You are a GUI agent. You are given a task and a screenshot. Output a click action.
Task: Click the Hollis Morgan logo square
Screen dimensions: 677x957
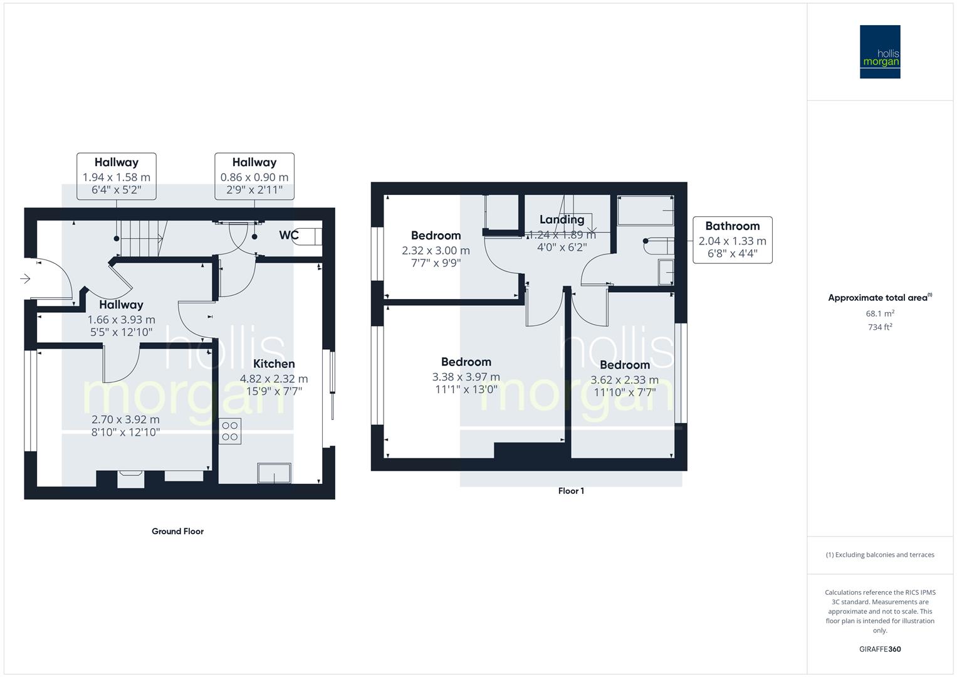[x=879, y=51]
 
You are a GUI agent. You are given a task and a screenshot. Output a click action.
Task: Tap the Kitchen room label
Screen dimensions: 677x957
[x=273, y=364]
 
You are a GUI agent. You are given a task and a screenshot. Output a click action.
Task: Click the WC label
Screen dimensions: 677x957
[x=288, y=235]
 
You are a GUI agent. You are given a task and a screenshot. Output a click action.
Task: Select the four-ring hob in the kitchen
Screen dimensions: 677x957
[x=230, y=431]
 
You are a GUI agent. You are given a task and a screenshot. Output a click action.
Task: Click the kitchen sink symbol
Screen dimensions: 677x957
[x=274, y=473]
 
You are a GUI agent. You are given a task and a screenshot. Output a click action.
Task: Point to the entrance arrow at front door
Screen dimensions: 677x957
[x=26, y=278]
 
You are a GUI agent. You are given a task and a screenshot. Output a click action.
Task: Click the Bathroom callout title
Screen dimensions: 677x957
[x=732, y=226]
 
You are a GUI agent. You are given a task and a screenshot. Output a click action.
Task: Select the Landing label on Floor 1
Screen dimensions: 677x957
[x=562, y=219]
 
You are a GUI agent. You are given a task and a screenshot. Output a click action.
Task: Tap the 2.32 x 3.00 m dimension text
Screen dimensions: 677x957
[x=436, y=250]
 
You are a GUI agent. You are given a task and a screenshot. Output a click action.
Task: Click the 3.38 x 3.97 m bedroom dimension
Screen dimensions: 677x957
[x=466, y=377]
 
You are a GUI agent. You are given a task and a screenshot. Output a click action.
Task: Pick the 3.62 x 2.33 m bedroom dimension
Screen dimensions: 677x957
[x=624, y=380]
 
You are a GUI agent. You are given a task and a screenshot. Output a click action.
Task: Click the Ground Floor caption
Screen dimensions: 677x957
[x=177, y=531]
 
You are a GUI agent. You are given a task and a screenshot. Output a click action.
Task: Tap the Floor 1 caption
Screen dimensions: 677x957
[x=571, y=491]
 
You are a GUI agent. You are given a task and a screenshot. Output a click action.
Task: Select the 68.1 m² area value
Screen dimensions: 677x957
[x=880, y=313]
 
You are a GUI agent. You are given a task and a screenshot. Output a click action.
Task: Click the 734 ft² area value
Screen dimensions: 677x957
[x=880, y=327]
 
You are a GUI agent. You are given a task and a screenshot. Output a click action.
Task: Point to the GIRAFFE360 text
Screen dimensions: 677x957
[x=880, y=649]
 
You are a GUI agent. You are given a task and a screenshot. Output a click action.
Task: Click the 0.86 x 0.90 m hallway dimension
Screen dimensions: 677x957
[x=254, y=177]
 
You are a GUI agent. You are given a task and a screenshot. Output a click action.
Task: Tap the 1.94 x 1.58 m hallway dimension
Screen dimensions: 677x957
[x=117, y=177]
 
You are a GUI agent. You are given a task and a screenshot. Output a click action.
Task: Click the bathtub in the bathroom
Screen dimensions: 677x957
[x=646, y=211]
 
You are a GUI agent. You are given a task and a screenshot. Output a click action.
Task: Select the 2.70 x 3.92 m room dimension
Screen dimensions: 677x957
[x=125, y=419]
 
